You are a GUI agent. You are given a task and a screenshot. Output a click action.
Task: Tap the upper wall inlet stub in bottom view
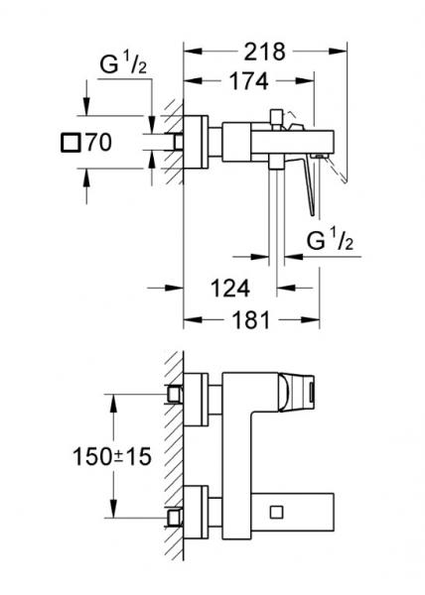click(177, 394)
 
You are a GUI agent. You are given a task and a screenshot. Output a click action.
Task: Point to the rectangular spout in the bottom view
click(288, 512)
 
